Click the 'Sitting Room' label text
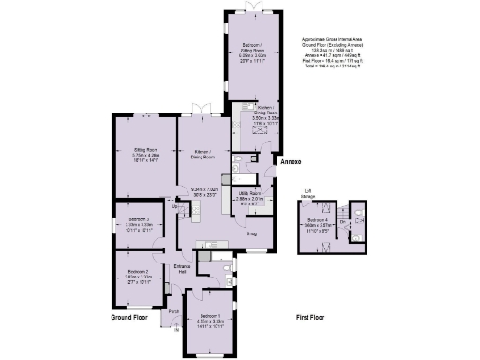pyautogui.click(x=144, y=148)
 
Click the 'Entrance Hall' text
pyautogui.click(x=184, y=269)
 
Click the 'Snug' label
pyautogui.click(x=252, y=235)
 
